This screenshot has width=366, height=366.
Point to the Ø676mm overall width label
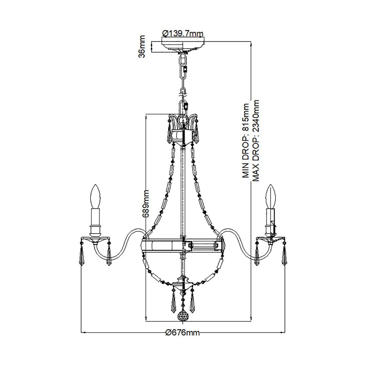point(183,333)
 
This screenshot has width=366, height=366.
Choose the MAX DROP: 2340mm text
point(256,140)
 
